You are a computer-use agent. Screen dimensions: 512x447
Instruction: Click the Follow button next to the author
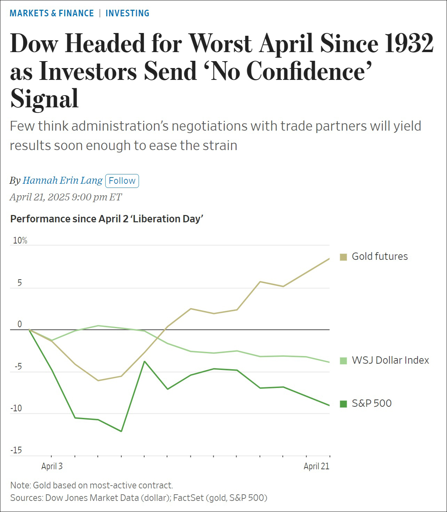click(122, 181)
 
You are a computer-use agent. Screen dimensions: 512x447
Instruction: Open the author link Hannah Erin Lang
click(63, 181)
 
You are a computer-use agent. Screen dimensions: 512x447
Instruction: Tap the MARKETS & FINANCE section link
click(52, 13)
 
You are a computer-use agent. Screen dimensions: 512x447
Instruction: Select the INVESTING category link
click(127, 13)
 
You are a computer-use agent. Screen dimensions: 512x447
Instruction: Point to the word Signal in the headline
click(44, 99)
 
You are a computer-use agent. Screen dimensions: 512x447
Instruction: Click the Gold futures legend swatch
click(343, 257)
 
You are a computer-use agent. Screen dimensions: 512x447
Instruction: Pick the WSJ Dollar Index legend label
click(390, 360)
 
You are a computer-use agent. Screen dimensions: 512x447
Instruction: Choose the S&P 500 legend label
click(372, 403)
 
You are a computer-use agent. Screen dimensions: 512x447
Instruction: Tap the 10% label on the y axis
click(20, 240)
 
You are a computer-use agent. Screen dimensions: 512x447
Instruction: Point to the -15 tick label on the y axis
click(16, 450)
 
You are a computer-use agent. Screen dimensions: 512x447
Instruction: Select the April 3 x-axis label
click(52, 466)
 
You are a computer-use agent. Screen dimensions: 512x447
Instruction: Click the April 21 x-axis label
click(316, 466)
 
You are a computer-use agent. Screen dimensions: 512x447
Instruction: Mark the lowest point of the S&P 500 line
click(121, 431)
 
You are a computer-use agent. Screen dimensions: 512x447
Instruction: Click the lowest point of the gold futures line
click(98, 381)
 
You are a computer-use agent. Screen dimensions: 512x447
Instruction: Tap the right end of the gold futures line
click(329, 259)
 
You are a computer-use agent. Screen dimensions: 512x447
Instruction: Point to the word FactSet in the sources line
click(188, 498)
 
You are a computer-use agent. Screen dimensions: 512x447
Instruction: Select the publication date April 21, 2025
click(40, 197)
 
